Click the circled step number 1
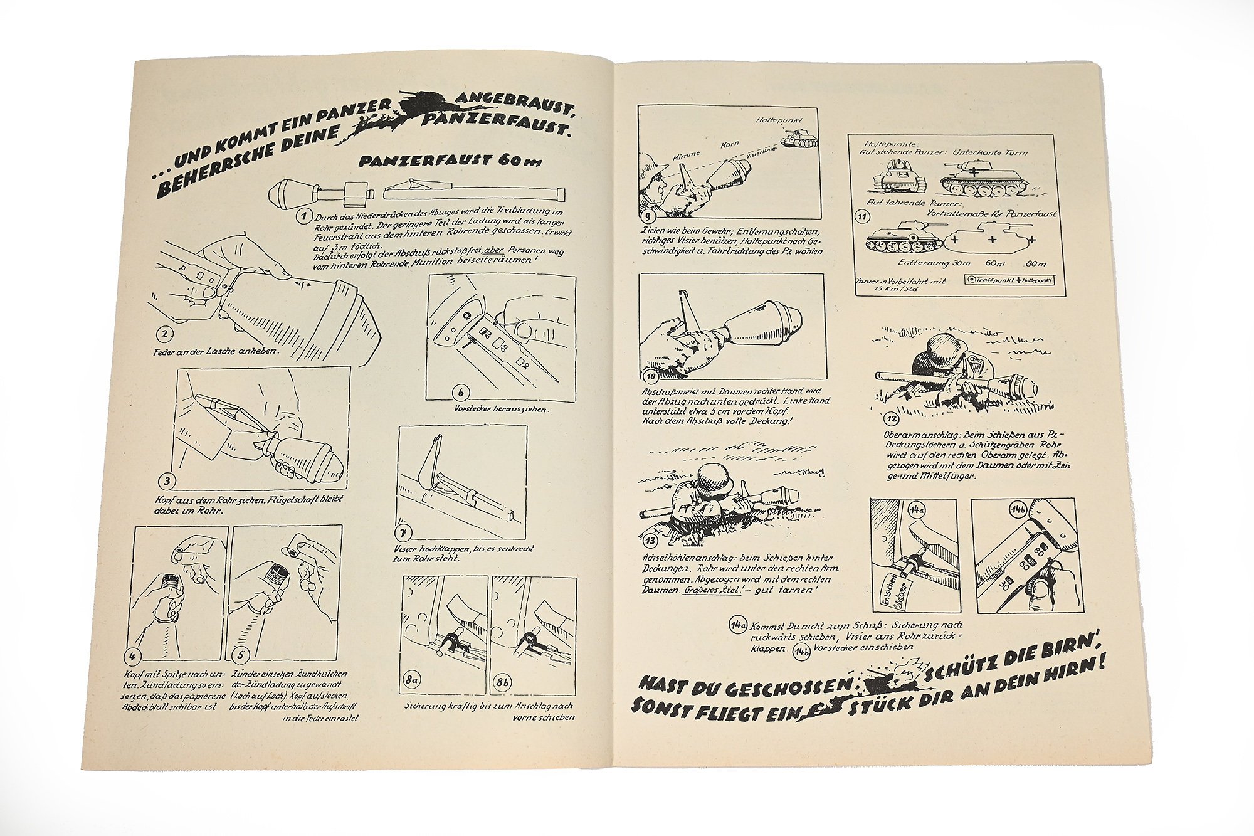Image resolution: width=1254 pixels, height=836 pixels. [304, 216]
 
